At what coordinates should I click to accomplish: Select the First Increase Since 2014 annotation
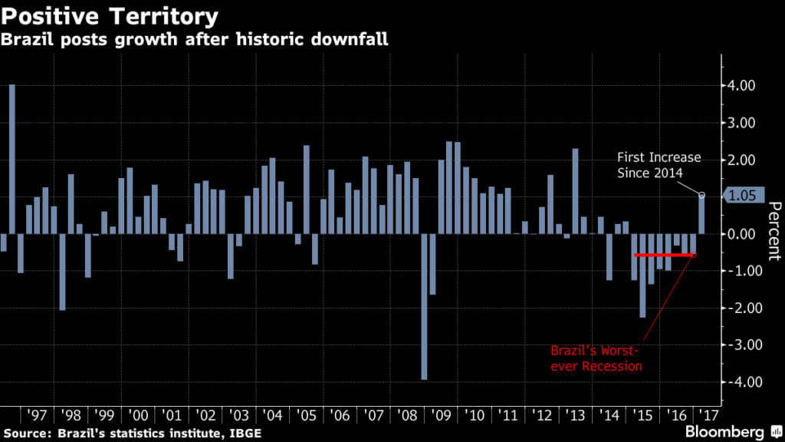659,165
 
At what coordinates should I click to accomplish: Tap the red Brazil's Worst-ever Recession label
596,358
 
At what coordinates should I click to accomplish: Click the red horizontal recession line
665,254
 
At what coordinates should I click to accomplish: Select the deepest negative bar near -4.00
424,306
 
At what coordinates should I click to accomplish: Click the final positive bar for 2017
701,214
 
